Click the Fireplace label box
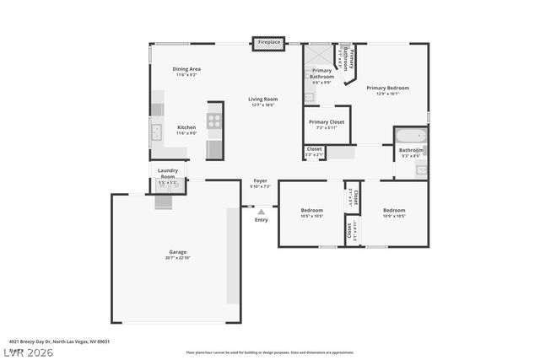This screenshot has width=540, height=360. pos(269,42)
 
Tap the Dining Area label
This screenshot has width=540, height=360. pos(186,72)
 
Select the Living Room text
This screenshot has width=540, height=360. pos(262,101)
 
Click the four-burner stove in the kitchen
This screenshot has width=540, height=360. pos(214,121)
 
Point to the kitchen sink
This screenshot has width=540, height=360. pos(157,132)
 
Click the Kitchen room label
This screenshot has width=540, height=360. pos(186,130)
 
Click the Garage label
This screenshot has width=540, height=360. pos(177,255)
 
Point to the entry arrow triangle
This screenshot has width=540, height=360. pos(262,212)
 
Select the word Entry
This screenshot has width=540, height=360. pos(262,220)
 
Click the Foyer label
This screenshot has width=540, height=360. pos(261,183)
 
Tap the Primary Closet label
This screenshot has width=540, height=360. pos(326,124)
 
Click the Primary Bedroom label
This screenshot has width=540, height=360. pos(387,89)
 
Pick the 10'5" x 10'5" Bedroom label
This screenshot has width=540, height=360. pos(312,212)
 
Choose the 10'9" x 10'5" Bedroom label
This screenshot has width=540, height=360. pos(394,212)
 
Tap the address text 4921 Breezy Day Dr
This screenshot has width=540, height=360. pos(60,341)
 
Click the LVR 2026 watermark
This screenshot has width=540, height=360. pos(30,352)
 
